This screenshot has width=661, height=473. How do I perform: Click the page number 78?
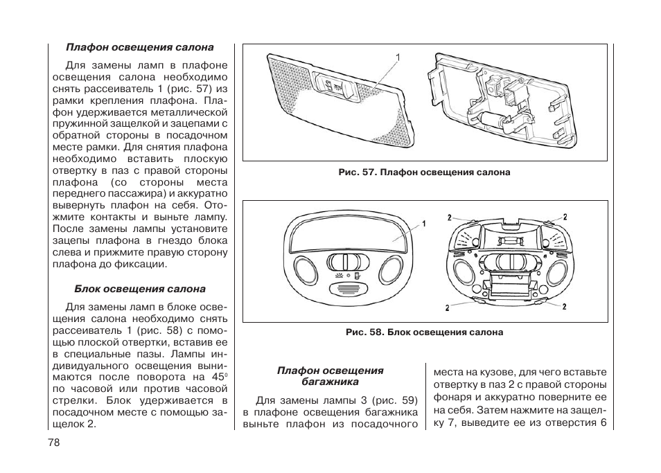click(x=55, y=443)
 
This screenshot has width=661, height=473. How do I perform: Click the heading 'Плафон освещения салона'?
click(x=139, y=48)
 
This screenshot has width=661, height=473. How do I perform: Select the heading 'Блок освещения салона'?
click(x=140, y=289)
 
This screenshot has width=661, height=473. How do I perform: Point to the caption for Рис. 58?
click(x=424, y=332)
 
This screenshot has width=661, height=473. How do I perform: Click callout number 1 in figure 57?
click(x=398, y=56)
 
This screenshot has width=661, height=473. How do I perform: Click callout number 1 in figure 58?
click(x=423, y=223)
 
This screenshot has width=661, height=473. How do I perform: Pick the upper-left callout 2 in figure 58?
click(x=449, y=217)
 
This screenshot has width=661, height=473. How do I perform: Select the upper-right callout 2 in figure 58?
click(x=565, y=217)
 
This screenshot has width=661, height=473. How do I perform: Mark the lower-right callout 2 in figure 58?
click(x=565, y=307)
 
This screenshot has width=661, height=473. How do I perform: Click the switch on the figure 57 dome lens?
click(x=335, y=87)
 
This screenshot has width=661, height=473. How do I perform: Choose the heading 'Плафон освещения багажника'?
click(x=330, y=376)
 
